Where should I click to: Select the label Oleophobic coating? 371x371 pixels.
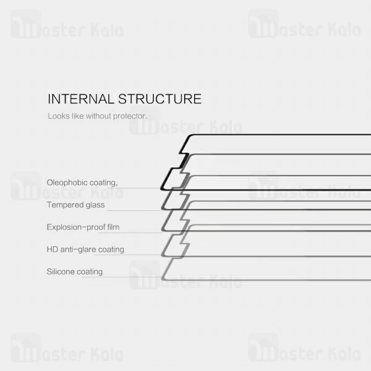(82, 182)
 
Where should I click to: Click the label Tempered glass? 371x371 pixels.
(75, 205)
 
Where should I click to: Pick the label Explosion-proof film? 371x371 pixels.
(83, 227)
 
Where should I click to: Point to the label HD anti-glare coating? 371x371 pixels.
(85, 249)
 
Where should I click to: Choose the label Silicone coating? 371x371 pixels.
(75, 271)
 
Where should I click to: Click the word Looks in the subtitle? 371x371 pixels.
(57, 116)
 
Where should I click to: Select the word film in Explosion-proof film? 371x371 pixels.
(113, 227)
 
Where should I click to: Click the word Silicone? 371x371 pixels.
(61, 271)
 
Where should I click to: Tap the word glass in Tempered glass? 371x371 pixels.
(96, 205)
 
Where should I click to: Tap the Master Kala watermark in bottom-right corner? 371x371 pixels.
(304, 350)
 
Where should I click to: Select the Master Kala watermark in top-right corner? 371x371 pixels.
(304, 27)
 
